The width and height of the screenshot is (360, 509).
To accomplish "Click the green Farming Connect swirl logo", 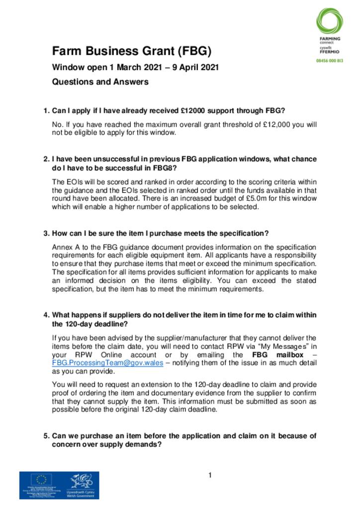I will coord(329,21).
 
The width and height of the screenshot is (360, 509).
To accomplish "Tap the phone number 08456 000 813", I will coord(330,60).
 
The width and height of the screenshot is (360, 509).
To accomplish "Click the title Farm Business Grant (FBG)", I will coord(132,51).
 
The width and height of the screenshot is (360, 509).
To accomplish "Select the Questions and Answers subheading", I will coord(100,82).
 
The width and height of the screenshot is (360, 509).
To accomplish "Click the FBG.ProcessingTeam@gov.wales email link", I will coord(107,363).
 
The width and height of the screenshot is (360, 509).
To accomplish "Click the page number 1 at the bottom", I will coord(210,476).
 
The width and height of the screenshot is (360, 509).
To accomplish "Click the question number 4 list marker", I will coord(46,316).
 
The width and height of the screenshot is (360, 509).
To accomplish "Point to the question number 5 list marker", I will coord(46,436).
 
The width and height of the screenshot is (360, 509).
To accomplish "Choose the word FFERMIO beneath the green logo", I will coord(330,51).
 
